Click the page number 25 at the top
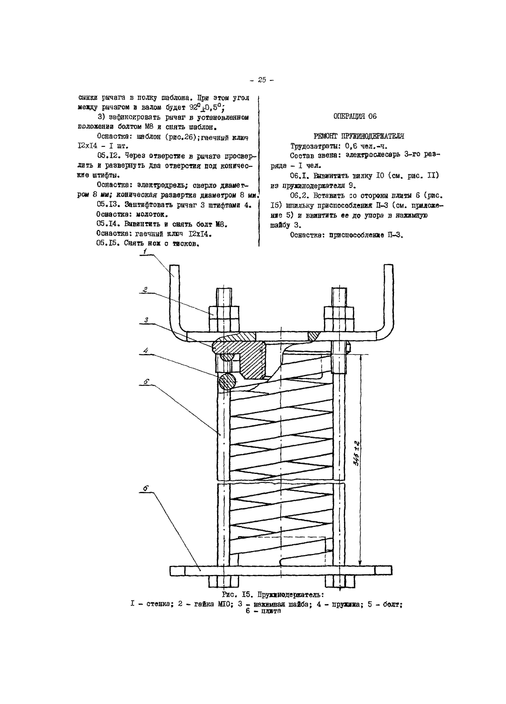(x=262, y=80)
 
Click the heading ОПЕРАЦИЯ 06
(x=355, y=116)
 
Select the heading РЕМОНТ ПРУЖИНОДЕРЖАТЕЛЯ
(x=359, y=136)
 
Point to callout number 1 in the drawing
(x=145, y=252)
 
